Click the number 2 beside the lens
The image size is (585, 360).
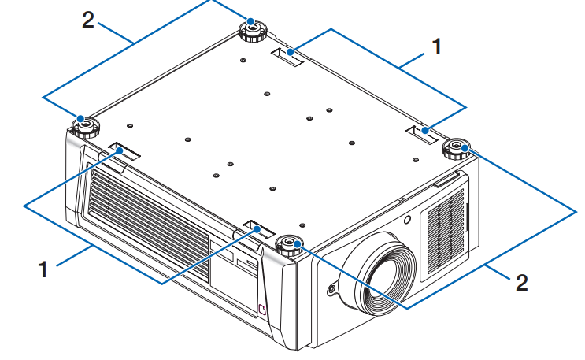pyautogui.click(x=520, y=282)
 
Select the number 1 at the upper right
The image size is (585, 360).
pyautogui.click(x=435, y=48)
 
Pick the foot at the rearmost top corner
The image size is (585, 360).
pyautogui.click(x=253, y=29)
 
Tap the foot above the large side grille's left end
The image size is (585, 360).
pyautogui.click(x=83, y=124)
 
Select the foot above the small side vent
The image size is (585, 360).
pyautogui.click(x=457, y=147)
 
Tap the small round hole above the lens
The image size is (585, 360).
pyautogui.click(x=405, y=221)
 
